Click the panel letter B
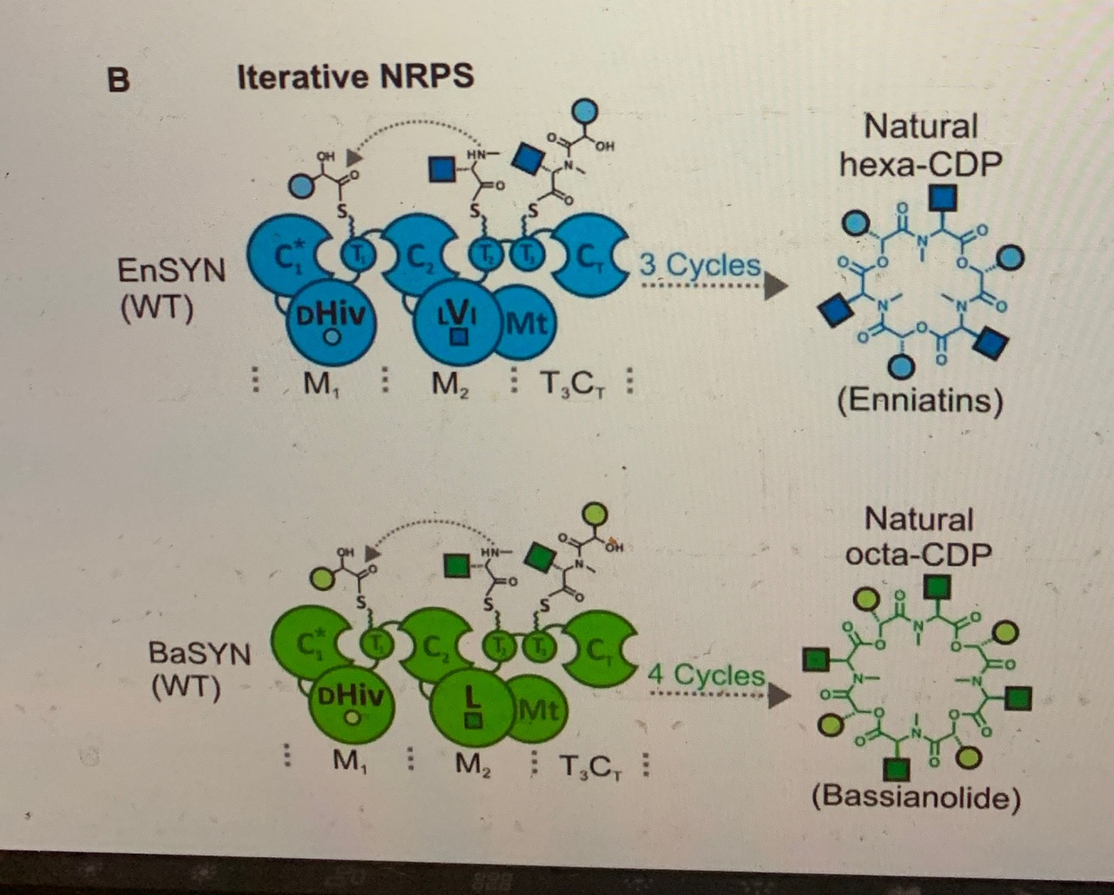119,79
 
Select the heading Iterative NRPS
355,77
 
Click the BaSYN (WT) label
199,670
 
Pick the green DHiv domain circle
352,702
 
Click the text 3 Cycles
700,266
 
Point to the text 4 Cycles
706,674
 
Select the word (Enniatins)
920,400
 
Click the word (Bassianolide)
916,796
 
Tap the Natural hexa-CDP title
920,145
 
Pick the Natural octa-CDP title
919,536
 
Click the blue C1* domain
287,254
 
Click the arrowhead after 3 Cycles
776,286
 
